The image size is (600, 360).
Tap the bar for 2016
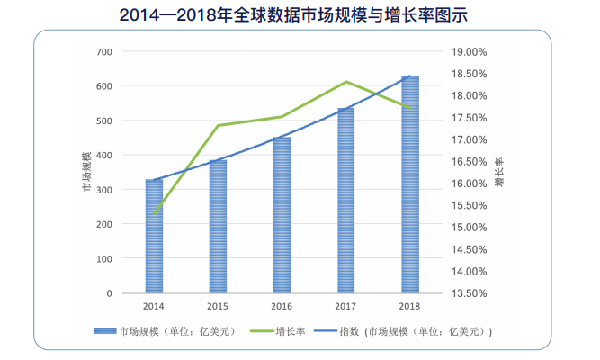282,215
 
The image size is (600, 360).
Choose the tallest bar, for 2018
409,184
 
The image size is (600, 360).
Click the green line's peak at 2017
346,82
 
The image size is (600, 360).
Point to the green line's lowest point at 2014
154,215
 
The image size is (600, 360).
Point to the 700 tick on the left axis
104,51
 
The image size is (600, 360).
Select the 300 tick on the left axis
104,190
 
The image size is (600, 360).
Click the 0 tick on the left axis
110,293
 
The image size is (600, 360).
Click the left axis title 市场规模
86,172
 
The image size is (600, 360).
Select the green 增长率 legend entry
288,331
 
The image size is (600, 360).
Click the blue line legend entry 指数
414,331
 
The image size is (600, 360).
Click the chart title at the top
300,15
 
